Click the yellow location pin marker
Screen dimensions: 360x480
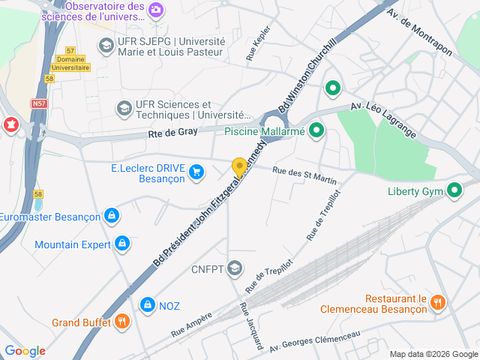pos(239,168)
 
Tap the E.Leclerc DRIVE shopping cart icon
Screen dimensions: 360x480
pos(196,172)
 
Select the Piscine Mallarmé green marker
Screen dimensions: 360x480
pos(317,131)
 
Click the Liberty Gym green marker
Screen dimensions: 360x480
pos(454,190)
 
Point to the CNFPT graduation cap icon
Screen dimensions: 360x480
pos(235,268)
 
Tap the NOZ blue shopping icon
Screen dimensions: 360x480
pos(147,304)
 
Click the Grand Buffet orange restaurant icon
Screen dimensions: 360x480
pos(121,322)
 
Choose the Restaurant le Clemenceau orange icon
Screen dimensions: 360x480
pos(439,301)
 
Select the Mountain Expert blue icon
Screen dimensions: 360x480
pos(122,244)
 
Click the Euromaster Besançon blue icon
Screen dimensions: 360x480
pos(112,216)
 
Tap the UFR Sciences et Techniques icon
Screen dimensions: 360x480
pos(122,109)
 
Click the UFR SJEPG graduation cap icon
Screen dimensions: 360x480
pos(106,46)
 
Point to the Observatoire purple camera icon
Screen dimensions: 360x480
pos(156,10)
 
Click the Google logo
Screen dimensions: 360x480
pos(25,350)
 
